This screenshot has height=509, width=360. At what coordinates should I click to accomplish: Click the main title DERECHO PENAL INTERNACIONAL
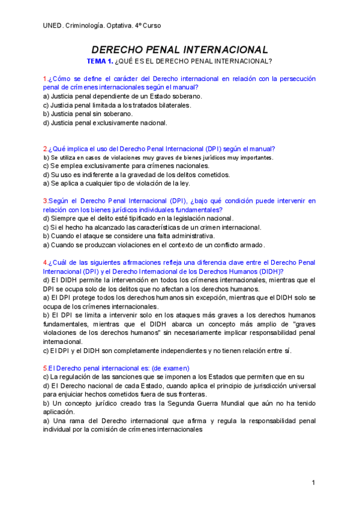pos(179,50)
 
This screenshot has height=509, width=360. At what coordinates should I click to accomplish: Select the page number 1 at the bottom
pos(313,483)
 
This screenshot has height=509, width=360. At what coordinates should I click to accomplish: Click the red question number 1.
pos(45,79)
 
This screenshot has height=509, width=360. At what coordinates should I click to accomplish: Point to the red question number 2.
pos(45,149)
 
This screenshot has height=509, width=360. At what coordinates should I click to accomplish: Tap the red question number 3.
pos(45,201)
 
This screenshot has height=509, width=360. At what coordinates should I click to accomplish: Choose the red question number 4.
pos(45,263)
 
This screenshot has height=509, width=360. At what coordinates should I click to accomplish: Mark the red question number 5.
pos(45,368)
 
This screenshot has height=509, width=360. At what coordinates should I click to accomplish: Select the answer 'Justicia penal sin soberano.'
pos(88,113)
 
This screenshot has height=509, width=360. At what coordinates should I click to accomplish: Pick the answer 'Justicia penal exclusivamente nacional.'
pos(105,122)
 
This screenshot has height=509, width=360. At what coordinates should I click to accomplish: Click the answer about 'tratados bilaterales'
pos(117,105)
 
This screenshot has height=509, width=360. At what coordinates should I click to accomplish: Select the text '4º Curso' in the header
pos(148,26)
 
